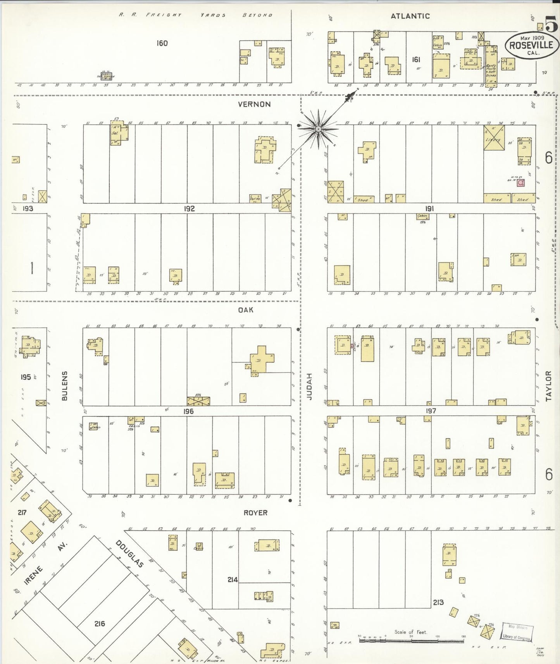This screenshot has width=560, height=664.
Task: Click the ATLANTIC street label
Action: tap(410, 16)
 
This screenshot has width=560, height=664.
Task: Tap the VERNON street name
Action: tap(254, 104)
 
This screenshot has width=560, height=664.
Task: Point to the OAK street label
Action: tap(246, 310)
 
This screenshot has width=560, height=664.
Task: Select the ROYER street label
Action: tap(255, 513)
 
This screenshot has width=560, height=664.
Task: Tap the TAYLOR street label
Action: tap(548, 385)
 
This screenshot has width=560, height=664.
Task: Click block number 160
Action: tap(162, 43)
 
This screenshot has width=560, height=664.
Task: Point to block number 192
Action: tap(189, 209)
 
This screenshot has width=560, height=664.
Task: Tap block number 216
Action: tap(100, 623)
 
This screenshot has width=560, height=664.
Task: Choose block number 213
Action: tap(438, 602)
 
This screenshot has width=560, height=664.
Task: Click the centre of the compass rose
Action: tap(318, 129)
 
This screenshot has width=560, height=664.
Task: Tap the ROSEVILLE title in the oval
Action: tap(531, 45)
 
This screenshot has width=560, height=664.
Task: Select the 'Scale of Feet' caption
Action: tap(410, 632)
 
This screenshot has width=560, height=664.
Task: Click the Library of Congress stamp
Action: tap(517, 633)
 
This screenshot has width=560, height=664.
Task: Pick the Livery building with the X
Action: tap(494, 138)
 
